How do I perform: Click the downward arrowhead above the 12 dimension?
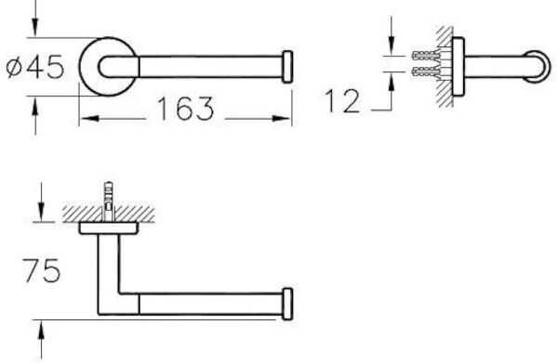[392, 46]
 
